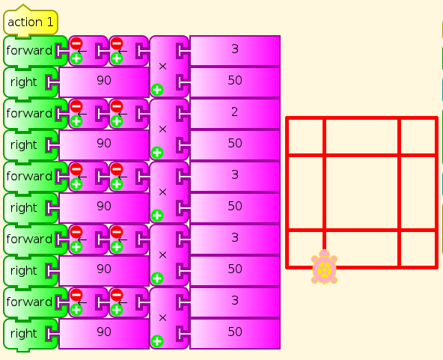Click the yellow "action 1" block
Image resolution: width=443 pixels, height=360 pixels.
pyautogui.click(x=31, y=22)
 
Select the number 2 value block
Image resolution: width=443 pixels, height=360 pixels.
pyautogui.click(x=235, y=113)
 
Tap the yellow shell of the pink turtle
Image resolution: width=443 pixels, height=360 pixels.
pyautogui.click(x=324, y=269)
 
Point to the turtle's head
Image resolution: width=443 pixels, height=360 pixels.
pyautogui.click(x=324, y=253)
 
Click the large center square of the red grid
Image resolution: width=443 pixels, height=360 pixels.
pyautogui.click(x=361, y=192)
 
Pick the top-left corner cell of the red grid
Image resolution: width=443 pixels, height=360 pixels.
pyautogui.click(x=305, y=137)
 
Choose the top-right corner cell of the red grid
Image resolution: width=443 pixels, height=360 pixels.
pyautogui.click(x=418, y=137)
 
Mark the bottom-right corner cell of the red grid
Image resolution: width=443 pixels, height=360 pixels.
pyautogui.click(x=418, y=248)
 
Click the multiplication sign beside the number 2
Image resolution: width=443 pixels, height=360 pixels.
pyautogui.click(x=162, y=129)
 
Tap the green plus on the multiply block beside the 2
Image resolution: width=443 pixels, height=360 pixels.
pyautogui.click(x=157, y=153)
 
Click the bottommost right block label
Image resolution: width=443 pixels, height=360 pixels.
pyautogui.click(x=24, y=334)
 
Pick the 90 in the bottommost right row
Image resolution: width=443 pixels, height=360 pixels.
pyautogui.click(x=104, y=332)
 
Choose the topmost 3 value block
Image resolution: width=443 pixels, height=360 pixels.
pyautogui.click(x=235, y=50)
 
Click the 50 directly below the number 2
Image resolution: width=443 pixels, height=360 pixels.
pyautogui.click(x=235, y=143)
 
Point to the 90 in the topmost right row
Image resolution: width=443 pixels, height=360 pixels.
pyautogui.click(x=104, y=81)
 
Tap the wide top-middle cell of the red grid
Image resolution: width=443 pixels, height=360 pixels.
pyautogui.click(x=361, y=137)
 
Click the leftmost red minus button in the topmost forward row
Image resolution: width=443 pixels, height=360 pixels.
pyautogui.click(x=76, y=43)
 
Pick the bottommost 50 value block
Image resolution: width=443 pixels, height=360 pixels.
pyautogui.click(x=235, y=332)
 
